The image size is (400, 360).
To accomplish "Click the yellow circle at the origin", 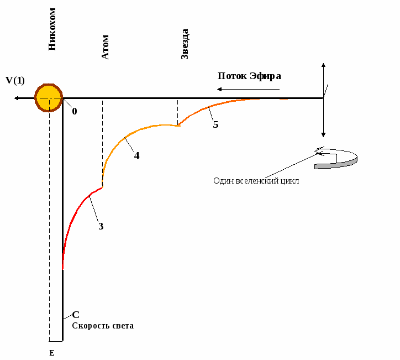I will click(49, 98).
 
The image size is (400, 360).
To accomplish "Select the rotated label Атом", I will click(105, 47).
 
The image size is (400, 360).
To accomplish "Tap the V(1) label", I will click(15, 80).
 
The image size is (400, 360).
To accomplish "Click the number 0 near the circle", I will click(74, 111).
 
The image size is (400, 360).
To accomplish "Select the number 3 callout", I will click(101, 226).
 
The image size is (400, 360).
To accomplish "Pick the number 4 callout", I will click(136, 155).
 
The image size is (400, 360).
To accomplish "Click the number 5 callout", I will click(215, 124).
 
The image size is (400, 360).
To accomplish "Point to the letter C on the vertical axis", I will click(76, 315).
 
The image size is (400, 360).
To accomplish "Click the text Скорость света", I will click(103, 326).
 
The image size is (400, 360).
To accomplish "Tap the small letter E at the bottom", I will click(52, 352).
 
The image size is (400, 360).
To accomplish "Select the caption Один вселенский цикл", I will click(256, 181).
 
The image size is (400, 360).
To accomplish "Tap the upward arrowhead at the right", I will click(323, 66).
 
